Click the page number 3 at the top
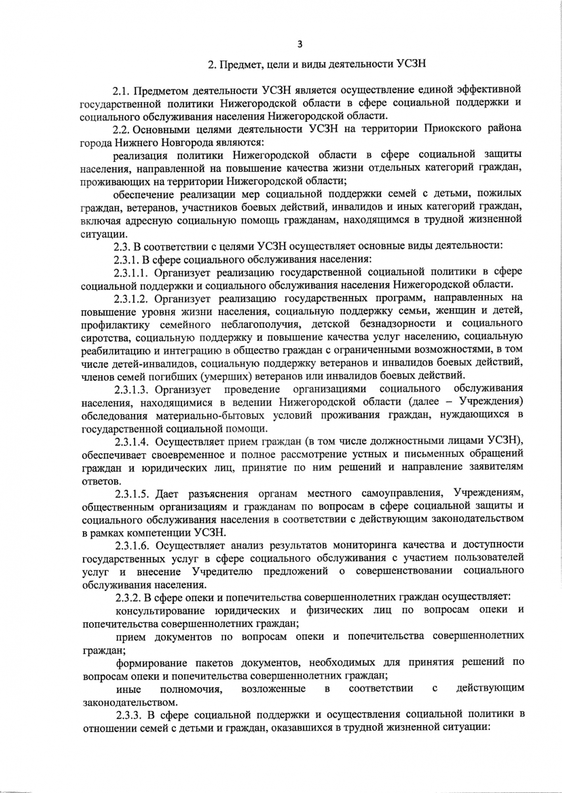pos(300,44)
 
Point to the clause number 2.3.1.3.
pos(131,389)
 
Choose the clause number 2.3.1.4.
pos(131,441)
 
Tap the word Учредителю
pos(222,571)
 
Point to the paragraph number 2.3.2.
pos(126,597)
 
